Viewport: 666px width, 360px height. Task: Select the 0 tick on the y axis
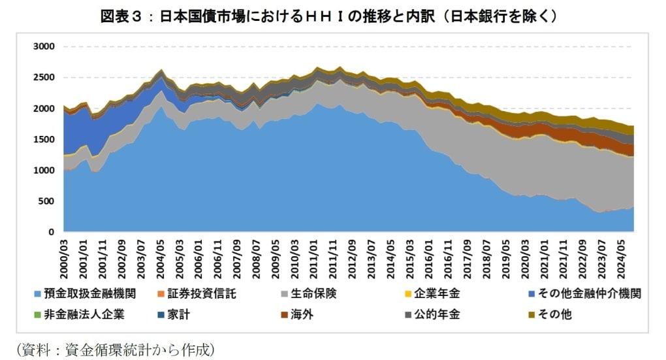coord(52,232)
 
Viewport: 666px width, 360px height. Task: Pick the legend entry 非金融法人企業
coord(84,314)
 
